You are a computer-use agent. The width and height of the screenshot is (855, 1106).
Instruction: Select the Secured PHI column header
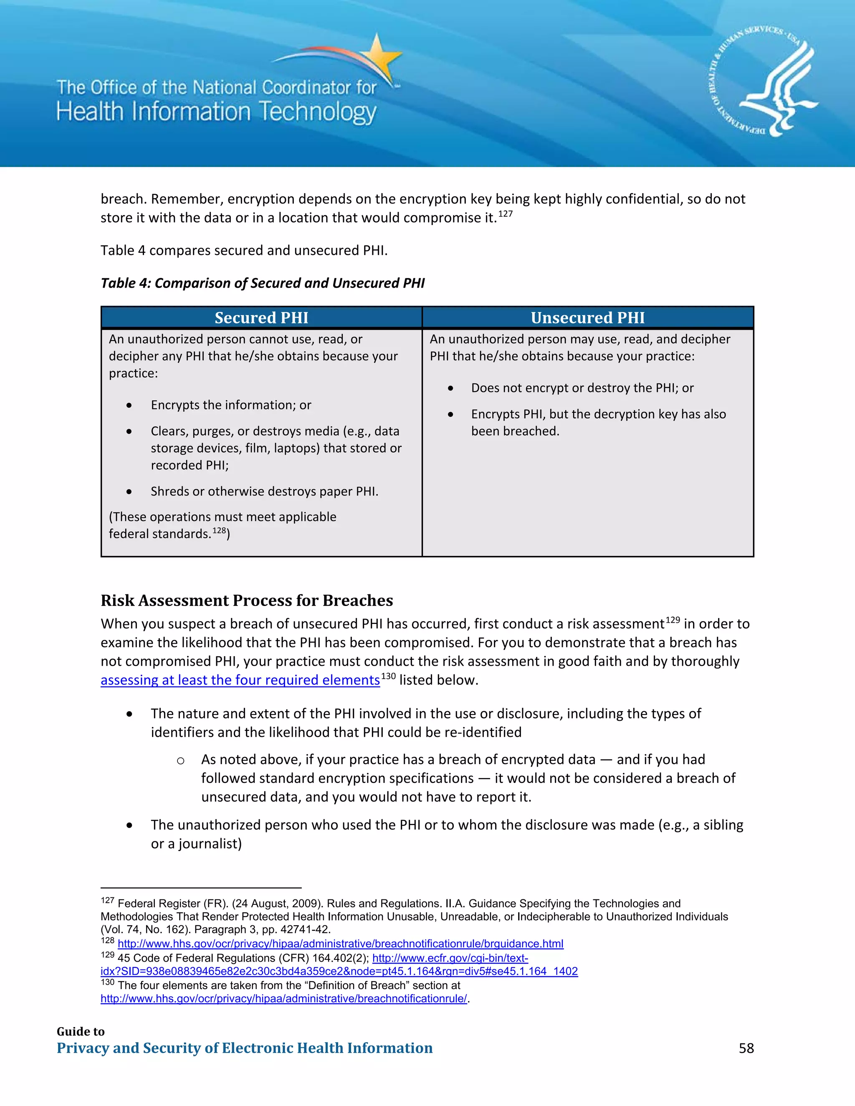click(x=261, y=318)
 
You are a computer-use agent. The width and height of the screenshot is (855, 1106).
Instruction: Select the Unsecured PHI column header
click(x=587, y=318)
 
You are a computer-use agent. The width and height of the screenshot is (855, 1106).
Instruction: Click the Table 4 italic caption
click(x=262, y=283)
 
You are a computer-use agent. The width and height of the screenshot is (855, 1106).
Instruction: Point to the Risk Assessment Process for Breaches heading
click(x=247, y=600)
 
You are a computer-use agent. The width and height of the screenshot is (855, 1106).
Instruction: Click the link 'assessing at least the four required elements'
click(x=240, y=680)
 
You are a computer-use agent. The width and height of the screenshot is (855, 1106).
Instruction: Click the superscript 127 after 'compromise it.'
click(x=506, y=214)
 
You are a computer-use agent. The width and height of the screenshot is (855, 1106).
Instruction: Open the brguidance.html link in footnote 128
click(x=340, y=944)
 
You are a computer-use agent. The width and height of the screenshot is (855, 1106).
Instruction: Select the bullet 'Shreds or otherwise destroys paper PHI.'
click(x=264, y=491)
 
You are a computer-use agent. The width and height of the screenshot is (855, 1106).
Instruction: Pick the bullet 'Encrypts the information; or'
click(x=231, y=405)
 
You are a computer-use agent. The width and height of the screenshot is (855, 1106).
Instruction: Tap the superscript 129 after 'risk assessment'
click(x=673, y=620)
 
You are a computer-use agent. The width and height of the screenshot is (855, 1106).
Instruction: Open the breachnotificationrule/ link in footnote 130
click(x=283, y=999)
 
